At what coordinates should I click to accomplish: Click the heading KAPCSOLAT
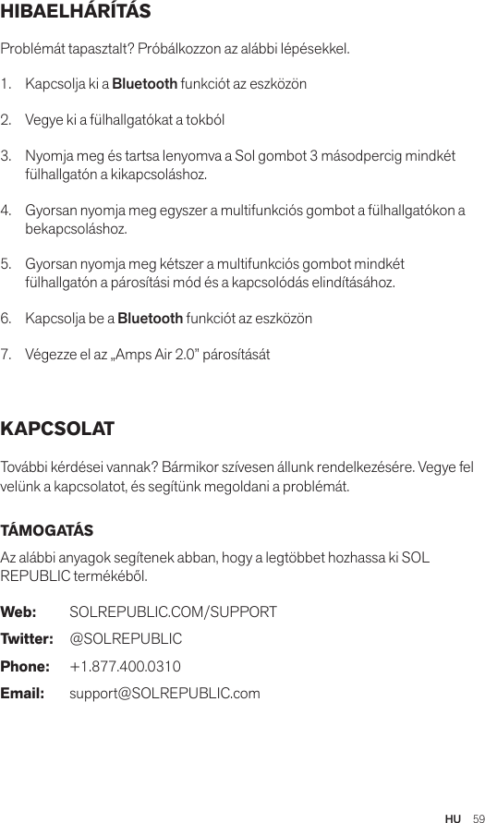point(58,430)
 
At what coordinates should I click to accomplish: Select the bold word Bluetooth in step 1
point(144,85)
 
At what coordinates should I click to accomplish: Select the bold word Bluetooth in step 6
point(149,319)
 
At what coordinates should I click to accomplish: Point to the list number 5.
point(7,264)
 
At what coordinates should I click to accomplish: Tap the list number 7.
point(7,355)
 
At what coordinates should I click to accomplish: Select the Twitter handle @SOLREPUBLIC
point(126,639)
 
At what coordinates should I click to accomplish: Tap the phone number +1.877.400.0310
point(125,666)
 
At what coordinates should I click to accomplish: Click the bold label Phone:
point(25,666)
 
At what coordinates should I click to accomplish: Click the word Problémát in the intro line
point(33,48)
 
